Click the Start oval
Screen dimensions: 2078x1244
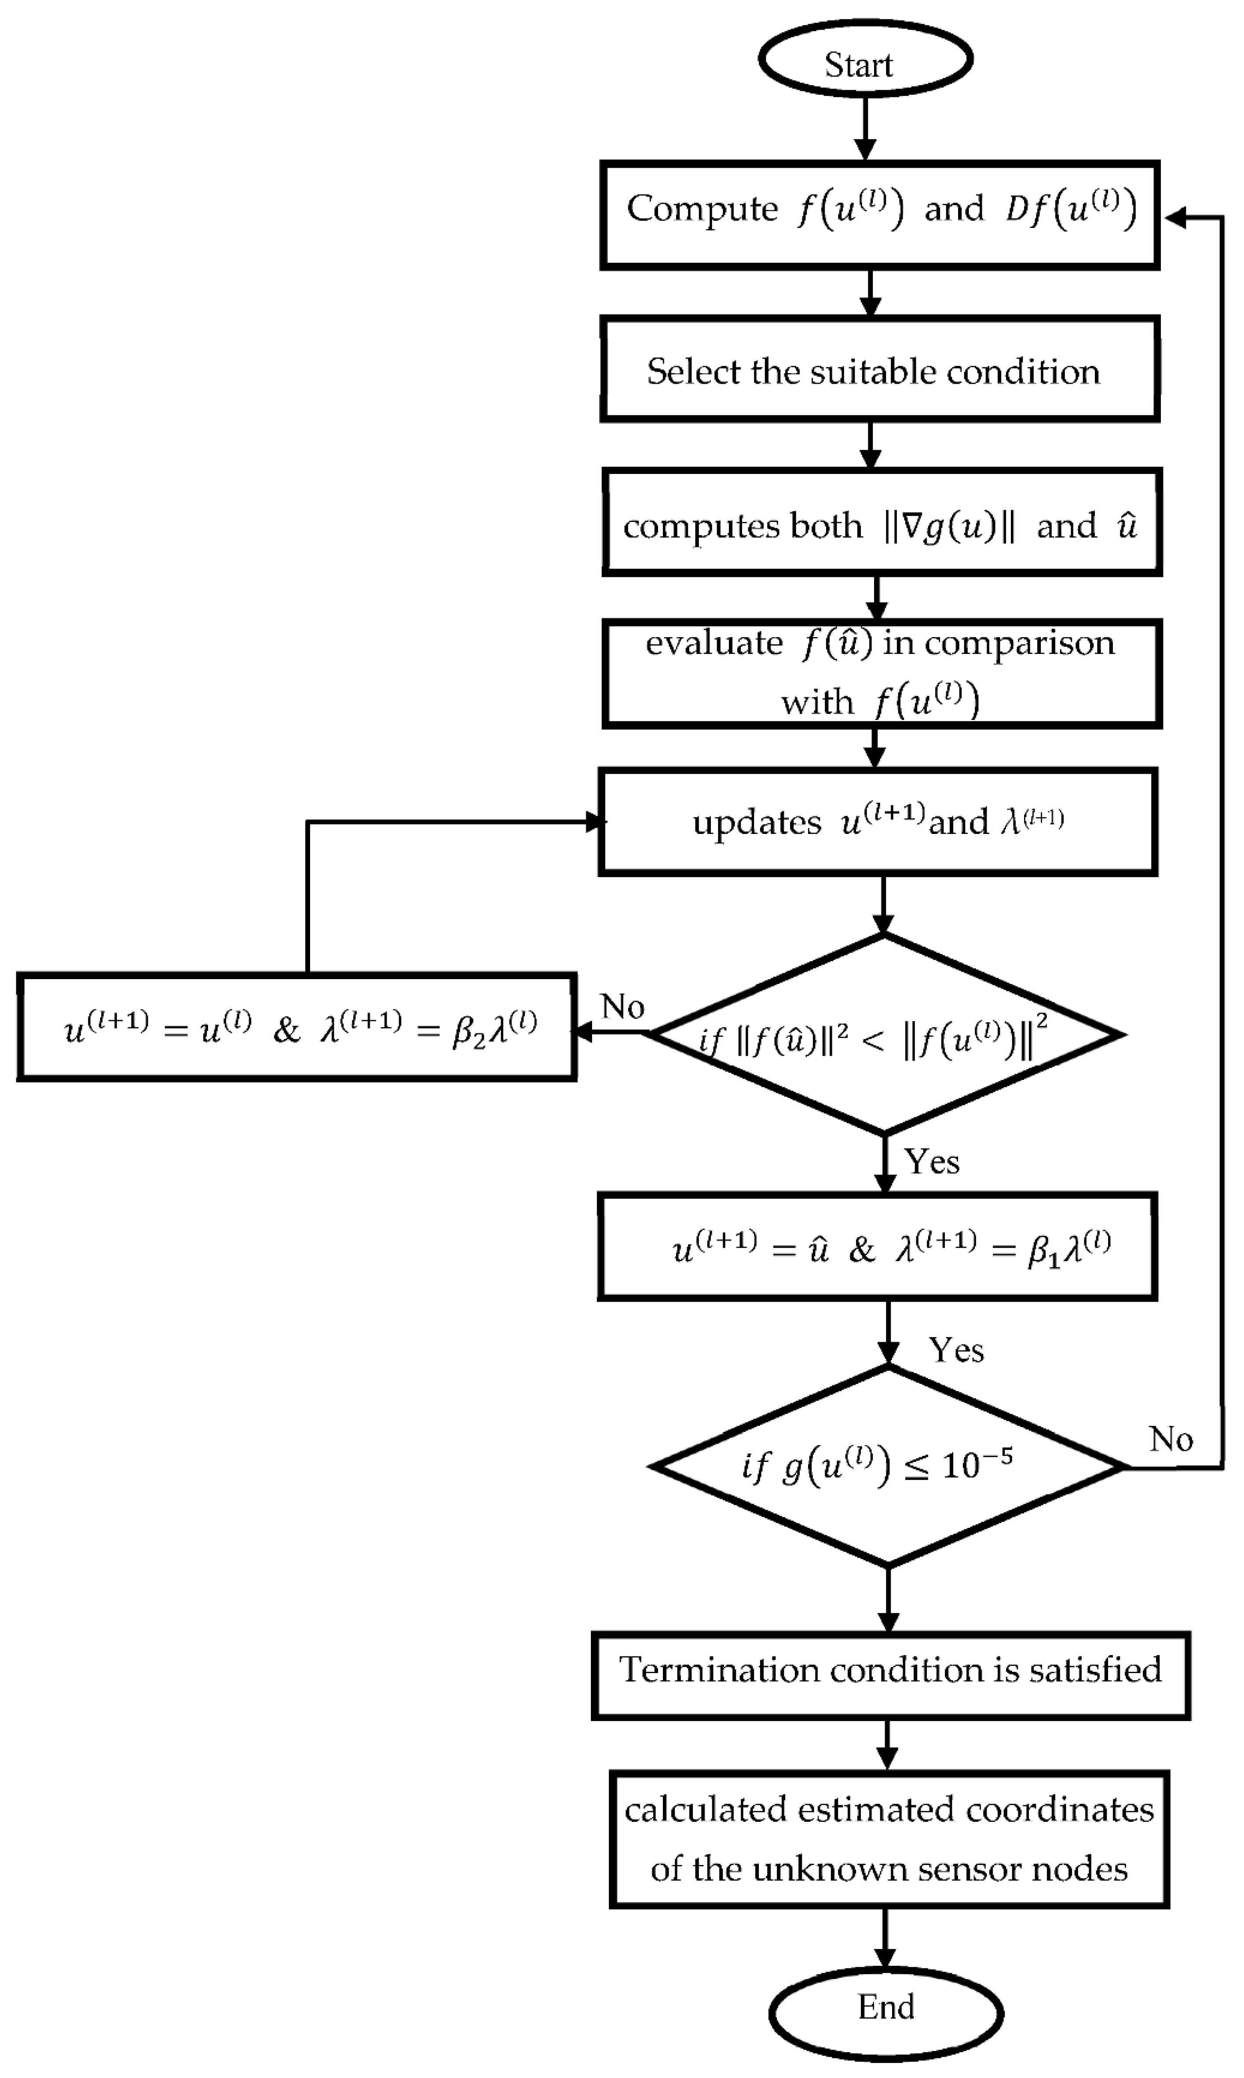pos(865,60)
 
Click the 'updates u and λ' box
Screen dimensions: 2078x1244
pos(878,822)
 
